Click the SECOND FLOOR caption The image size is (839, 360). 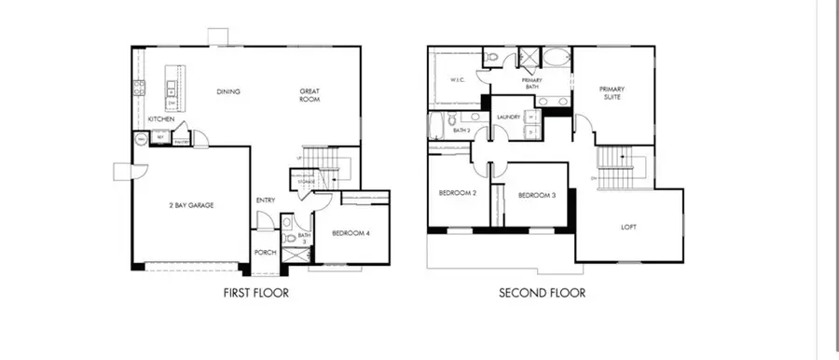tap(542, 293)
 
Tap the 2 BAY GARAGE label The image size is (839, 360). tap(192, 205)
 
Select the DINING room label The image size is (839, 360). tap(228, 91)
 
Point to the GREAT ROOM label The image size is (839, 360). tap(309, 95)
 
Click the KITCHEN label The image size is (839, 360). tap(161, 119)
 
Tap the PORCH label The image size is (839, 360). tap(265, 253)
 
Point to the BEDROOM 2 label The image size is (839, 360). tap(458, 194)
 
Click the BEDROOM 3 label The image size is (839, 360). tap(537, 195)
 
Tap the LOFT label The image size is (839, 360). tap(629, 227)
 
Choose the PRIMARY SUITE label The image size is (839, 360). tap(612, 92)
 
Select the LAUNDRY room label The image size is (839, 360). tap(508, 117)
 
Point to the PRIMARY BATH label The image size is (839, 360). tap(532, 83)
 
